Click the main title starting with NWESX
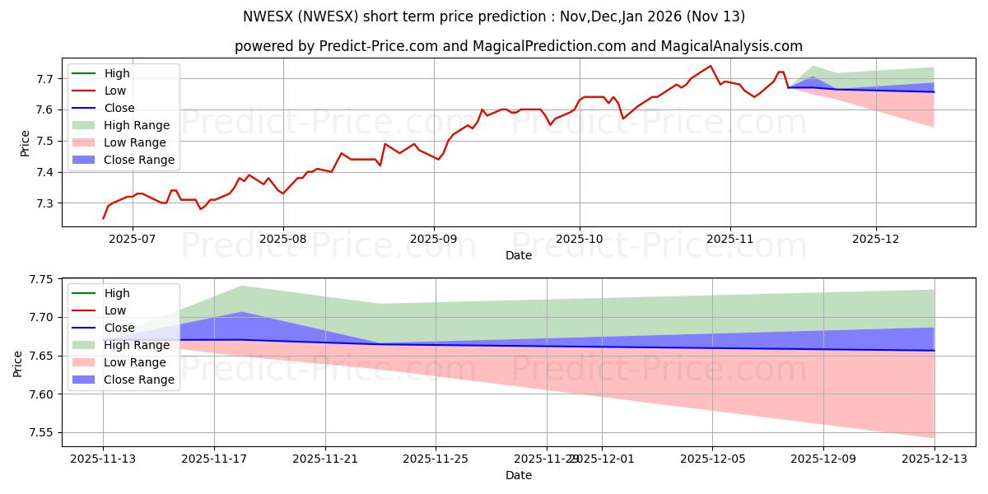(x=494, y=16)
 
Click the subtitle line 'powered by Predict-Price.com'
(x=519, y=46)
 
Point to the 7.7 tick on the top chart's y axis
(x=46, y=79)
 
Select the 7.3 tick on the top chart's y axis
(x=46, y=203)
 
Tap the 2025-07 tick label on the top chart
(x=133, y=240)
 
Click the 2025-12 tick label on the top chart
(x=876, y=240)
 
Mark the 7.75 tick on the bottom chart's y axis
(x=40, y=280)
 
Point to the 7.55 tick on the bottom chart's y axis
(x=40, y=433)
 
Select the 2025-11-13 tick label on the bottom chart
(x=103, y=459)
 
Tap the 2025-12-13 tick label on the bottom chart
(x=934, y=459)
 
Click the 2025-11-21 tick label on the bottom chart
(x=325, y=459)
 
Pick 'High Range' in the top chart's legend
(x=136, y=125)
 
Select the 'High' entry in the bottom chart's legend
(x=116, y=293)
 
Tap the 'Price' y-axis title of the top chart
(x=24, y=142)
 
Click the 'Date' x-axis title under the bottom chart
(x=519, y=476)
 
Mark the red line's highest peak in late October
(x=711, y=66)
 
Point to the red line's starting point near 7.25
(x=103, y=219)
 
